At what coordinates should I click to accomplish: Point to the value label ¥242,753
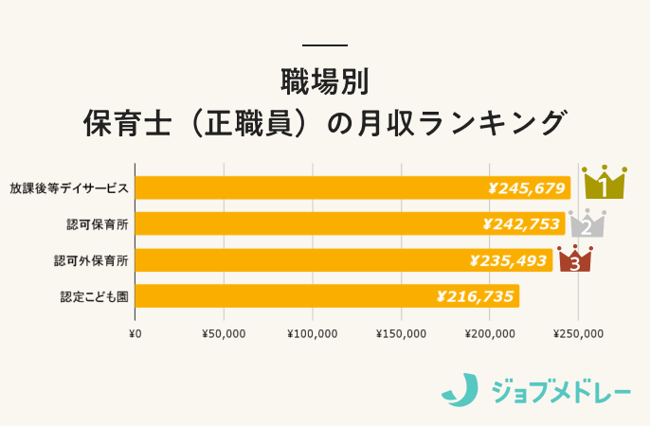coord(522,223)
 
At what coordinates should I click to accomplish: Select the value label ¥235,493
coord(510,259)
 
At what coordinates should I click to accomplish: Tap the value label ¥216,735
coord(476,296)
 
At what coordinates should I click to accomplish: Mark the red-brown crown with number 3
coord(574,258)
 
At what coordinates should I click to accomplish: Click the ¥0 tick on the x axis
coord(135,333)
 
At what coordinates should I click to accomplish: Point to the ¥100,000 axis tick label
coord(312,333)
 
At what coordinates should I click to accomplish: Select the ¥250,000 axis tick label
coord(579,333)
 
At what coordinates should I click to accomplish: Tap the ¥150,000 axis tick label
coord(401,333)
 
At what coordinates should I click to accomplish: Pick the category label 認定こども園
coord(93,296)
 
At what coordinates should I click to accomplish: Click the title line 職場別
coord(324,80)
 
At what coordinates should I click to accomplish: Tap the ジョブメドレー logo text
coord(561,389)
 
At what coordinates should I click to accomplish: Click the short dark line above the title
coord(324,44)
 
